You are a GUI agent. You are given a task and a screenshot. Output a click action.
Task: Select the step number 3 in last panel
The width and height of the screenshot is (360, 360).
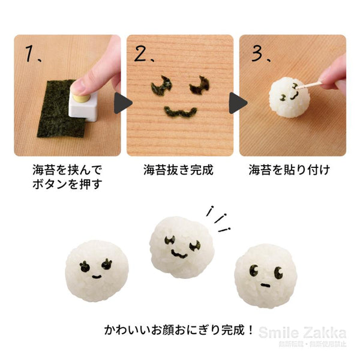click(x=256, y=54)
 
